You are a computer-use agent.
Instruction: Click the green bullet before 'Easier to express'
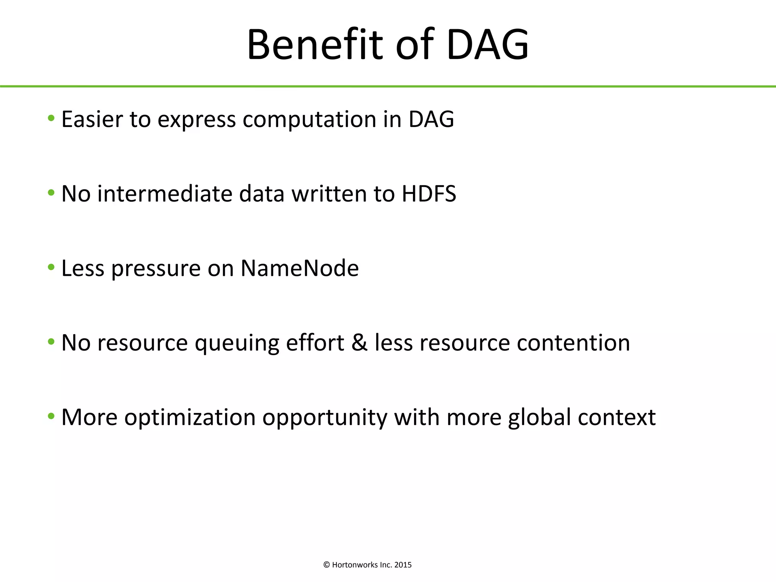(x=51, y=118)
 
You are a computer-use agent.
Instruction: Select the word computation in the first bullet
(x=309, y=120)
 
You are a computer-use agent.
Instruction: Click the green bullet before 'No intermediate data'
(x=51, y=193)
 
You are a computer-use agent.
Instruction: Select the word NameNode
(x=299, y=268)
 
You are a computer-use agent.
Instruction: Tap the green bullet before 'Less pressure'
(x=51, y=268)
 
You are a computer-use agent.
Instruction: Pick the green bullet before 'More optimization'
(x=51, y=416)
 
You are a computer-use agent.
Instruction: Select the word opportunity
(x=325, y=418)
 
